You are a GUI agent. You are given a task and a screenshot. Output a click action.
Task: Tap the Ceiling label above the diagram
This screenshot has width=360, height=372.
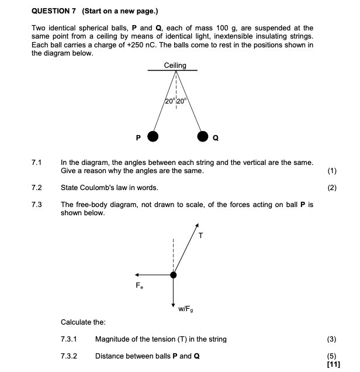pyautogui.click(x=175, y=66)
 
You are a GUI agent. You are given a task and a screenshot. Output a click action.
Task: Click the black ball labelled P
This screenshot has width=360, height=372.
pyautogui.click(x=153, y=137)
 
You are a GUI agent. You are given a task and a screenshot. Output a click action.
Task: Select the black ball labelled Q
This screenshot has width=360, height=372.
pyautogui.click(x=202, y=137)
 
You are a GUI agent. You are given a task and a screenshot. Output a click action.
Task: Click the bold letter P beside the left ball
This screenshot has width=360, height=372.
pyautogui.click(x=139, y=138)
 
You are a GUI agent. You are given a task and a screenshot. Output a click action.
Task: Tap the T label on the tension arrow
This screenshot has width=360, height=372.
pyautogui.click(x=200, y=236)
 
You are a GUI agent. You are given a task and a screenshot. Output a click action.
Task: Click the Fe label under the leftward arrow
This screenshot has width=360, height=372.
pyautogui.click(x=139, y=286)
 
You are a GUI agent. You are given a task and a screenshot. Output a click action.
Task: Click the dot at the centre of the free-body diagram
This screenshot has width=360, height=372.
pyautogui.click(x=173, y=275)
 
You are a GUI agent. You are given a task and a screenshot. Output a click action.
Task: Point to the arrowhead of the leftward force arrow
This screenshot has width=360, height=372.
pyautogui.click(x=137, y=275)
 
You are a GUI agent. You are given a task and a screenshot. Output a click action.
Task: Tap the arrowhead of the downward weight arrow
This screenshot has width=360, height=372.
pyautogui.click(x=173, y=305)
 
